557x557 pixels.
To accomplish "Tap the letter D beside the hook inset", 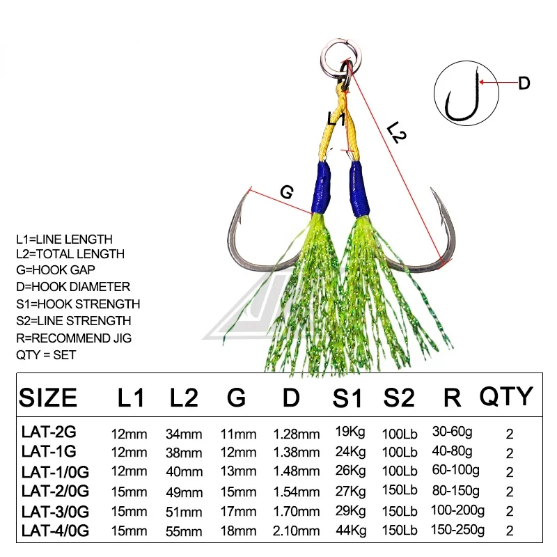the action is [x=524, y=84].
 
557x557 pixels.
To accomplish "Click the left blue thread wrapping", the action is [x=321, y=188].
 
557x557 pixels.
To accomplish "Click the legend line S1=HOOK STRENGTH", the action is [x=78, y=304].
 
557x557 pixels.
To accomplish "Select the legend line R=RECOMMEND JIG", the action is [x=74, y=338].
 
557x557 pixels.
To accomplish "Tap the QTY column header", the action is [x=505, y=395].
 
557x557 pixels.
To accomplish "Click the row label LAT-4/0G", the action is [x=56, y=531].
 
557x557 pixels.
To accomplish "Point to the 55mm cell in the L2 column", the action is [x=184, y=532].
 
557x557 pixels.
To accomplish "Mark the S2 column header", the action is [x=399, y=398].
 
